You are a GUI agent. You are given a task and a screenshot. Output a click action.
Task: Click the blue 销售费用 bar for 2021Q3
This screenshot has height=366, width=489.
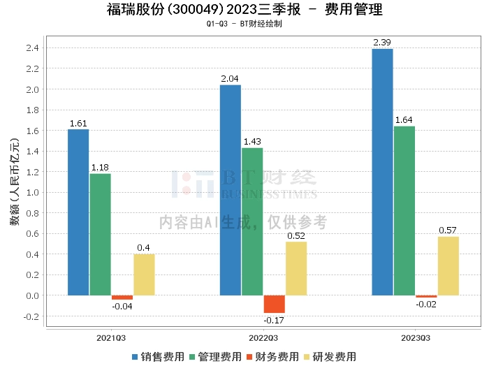point(78,212)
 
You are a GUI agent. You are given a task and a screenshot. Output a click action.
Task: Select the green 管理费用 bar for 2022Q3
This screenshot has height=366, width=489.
point(252,221)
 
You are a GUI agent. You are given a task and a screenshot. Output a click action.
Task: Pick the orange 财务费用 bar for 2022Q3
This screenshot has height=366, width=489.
point(274,304)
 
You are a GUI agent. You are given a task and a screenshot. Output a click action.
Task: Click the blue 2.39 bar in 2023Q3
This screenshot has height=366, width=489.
point(382,172)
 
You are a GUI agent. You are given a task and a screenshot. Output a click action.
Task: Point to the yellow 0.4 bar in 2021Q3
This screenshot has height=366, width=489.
point(144,274)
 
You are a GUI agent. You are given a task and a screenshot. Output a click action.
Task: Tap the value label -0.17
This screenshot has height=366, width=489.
point(274,321)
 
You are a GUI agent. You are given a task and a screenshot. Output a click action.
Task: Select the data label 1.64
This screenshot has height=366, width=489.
point(404,120)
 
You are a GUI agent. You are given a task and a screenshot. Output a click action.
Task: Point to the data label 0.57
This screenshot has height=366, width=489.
point(448,230)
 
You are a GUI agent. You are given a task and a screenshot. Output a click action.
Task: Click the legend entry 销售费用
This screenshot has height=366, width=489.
point(158,356)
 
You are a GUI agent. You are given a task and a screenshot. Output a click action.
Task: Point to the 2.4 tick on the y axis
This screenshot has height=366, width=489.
point(31,48)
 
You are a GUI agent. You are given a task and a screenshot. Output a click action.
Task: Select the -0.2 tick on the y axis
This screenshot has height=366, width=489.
point(30,316)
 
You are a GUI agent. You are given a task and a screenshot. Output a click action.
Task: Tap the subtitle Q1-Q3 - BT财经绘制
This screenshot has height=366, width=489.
point(244,24)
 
